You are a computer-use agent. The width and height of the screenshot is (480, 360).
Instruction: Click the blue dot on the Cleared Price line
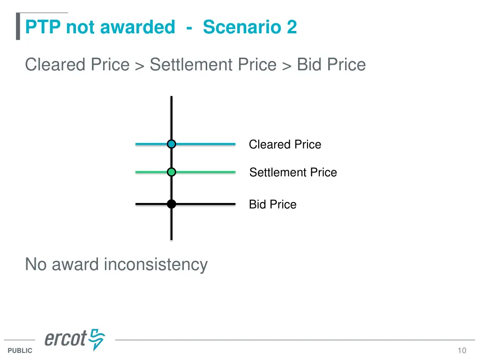[172, 144]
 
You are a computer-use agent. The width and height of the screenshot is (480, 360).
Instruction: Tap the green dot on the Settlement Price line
[172, 172]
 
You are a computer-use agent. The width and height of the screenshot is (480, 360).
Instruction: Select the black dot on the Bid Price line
[172, 204]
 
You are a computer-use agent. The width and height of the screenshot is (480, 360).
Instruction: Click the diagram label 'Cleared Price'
[285, 144]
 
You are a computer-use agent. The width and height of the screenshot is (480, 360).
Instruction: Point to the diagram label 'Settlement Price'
[293, 172]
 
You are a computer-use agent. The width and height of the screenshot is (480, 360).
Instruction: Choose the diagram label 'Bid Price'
[272, 204]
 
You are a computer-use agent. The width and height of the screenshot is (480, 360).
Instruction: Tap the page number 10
[462, 351]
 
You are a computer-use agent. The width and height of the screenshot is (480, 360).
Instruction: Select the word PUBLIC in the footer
[20, 351]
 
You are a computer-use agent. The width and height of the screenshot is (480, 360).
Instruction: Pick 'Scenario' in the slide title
[237, 27]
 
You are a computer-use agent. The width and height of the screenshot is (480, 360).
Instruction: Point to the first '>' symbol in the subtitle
[139, 66]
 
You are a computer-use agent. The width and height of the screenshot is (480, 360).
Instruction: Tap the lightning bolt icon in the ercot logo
[97, 339]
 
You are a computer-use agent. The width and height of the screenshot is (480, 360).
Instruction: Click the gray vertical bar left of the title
[18, 26]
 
